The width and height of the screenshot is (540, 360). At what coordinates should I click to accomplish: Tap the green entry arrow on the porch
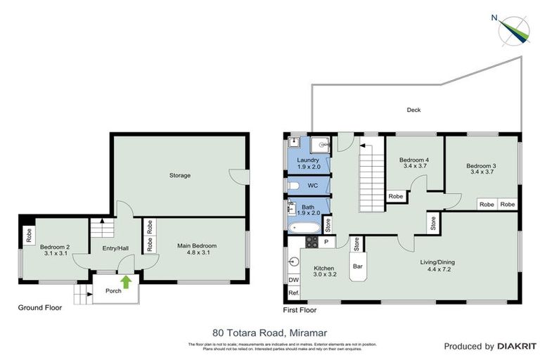click(x=126, y=283)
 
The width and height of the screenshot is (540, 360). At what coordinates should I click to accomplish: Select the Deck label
click(x=414, y=110)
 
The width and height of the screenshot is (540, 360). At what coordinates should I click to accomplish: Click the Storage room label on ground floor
click(x=179, y=175)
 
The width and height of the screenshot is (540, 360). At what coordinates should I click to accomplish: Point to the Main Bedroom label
click(x=197, y=245)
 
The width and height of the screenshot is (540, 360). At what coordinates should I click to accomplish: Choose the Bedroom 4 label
click(x=414, y=162)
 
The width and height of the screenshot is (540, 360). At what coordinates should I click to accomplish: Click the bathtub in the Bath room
click(x=304, y=226)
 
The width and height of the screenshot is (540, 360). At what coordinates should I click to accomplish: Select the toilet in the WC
click(x=295, y=186)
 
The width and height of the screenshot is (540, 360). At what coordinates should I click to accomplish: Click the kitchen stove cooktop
click(x=309, y=243)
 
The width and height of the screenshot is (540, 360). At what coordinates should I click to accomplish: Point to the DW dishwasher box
click(x=293, y=280)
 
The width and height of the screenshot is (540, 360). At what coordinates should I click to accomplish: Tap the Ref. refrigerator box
click(x=293, y=292)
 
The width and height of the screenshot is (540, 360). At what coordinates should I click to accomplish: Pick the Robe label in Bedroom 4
click(x=396, y=196)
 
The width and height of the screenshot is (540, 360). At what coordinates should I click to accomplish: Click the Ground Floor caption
click(x=40, y=307)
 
